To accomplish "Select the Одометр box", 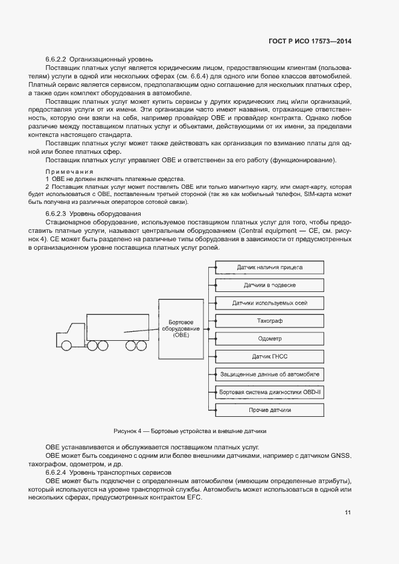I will pyautogui.click(x=270, y=338).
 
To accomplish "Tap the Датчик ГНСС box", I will pyautogui.click(x=270, y=356).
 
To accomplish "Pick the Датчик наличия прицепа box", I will pyautogui.click(x=270, y=267).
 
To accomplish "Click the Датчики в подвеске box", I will pyautogui.click(x=270, y=285).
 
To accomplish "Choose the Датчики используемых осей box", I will pyautogui.click(x=270, y=303).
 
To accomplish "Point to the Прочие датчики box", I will pyautogui.click(x=270, y=410).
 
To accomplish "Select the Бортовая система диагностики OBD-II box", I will pyautogui.click(x=270, y=392).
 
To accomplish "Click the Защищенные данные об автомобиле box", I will pyautogui.click(x=270, y=374).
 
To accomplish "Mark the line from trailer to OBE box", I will pyautogui.click(x=140, y=330).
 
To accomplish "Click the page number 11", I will pyautogui.click(x=348, y=513).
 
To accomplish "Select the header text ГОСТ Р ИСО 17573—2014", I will pyautogui.click(x=310, y=42).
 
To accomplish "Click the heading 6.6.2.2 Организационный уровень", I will pyautogui.click(x=99, y=60).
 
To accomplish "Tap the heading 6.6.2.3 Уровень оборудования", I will pyautogui.click(x=94, y=214).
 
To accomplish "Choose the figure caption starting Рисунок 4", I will pyautogui.click(x=190, y=431).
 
